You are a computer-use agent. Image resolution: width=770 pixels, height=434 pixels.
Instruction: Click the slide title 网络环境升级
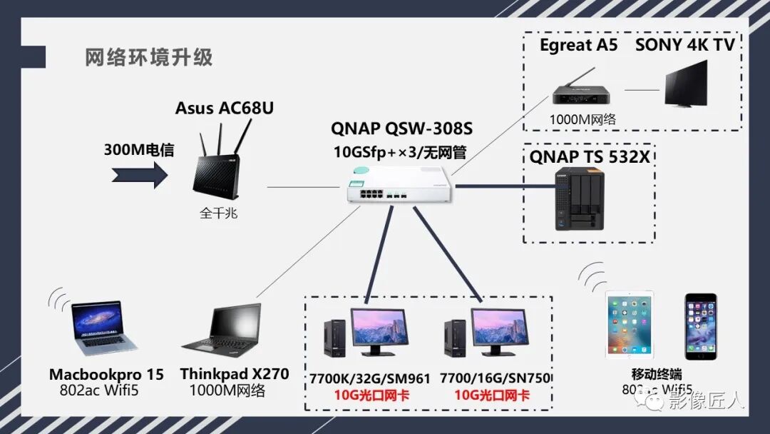click(x=148, y=57)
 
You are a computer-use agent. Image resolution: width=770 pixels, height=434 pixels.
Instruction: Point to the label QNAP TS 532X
click(x=589, y=156)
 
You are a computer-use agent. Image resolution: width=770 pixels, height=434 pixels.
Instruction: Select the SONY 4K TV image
click(x=686, y=85)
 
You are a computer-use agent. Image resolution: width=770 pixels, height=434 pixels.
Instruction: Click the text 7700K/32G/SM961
click(x=369, y=378)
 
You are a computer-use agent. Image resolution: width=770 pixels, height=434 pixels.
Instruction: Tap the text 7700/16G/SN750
click(x=496, y=378)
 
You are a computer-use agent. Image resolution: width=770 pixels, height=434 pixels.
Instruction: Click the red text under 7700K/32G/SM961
click(x=371, y=395)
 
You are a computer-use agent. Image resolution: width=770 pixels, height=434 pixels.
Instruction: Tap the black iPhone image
click(x=700, y=325)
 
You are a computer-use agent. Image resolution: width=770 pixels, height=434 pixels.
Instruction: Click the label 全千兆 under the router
click(x=220, y=213)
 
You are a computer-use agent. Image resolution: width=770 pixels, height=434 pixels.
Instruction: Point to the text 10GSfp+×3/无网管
click(x=401, y=152)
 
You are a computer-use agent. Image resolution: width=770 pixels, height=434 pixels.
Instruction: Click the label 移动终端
click(x=657, y=374)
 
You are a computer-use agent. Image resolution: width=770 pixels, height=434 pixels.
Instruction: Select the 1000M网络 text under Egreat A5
click(x=582, y=119)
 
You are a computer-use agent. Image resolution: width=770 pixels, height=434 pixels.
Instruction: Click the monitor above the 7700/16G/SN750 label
click(x=500, y=329)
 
